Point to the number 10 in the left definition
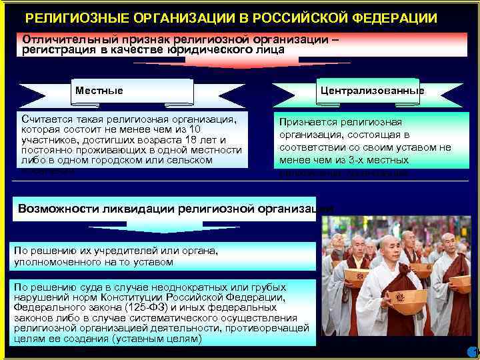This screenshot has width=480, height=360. tap(195, 129)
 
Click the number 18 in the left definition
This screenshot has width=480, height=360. tap(189, 139)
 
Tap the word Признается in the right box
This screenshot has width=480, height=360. tap(308, 122)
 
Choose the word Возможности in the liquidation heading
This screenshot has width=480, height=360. tap(59, 208)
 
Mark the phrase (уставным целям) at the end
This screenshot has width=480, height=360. tap(157, 339)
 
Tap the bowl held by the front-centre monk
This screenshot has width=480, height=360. tap(407, 297)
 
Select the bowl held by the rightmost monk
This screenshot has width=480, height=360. tap(460, 282)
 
